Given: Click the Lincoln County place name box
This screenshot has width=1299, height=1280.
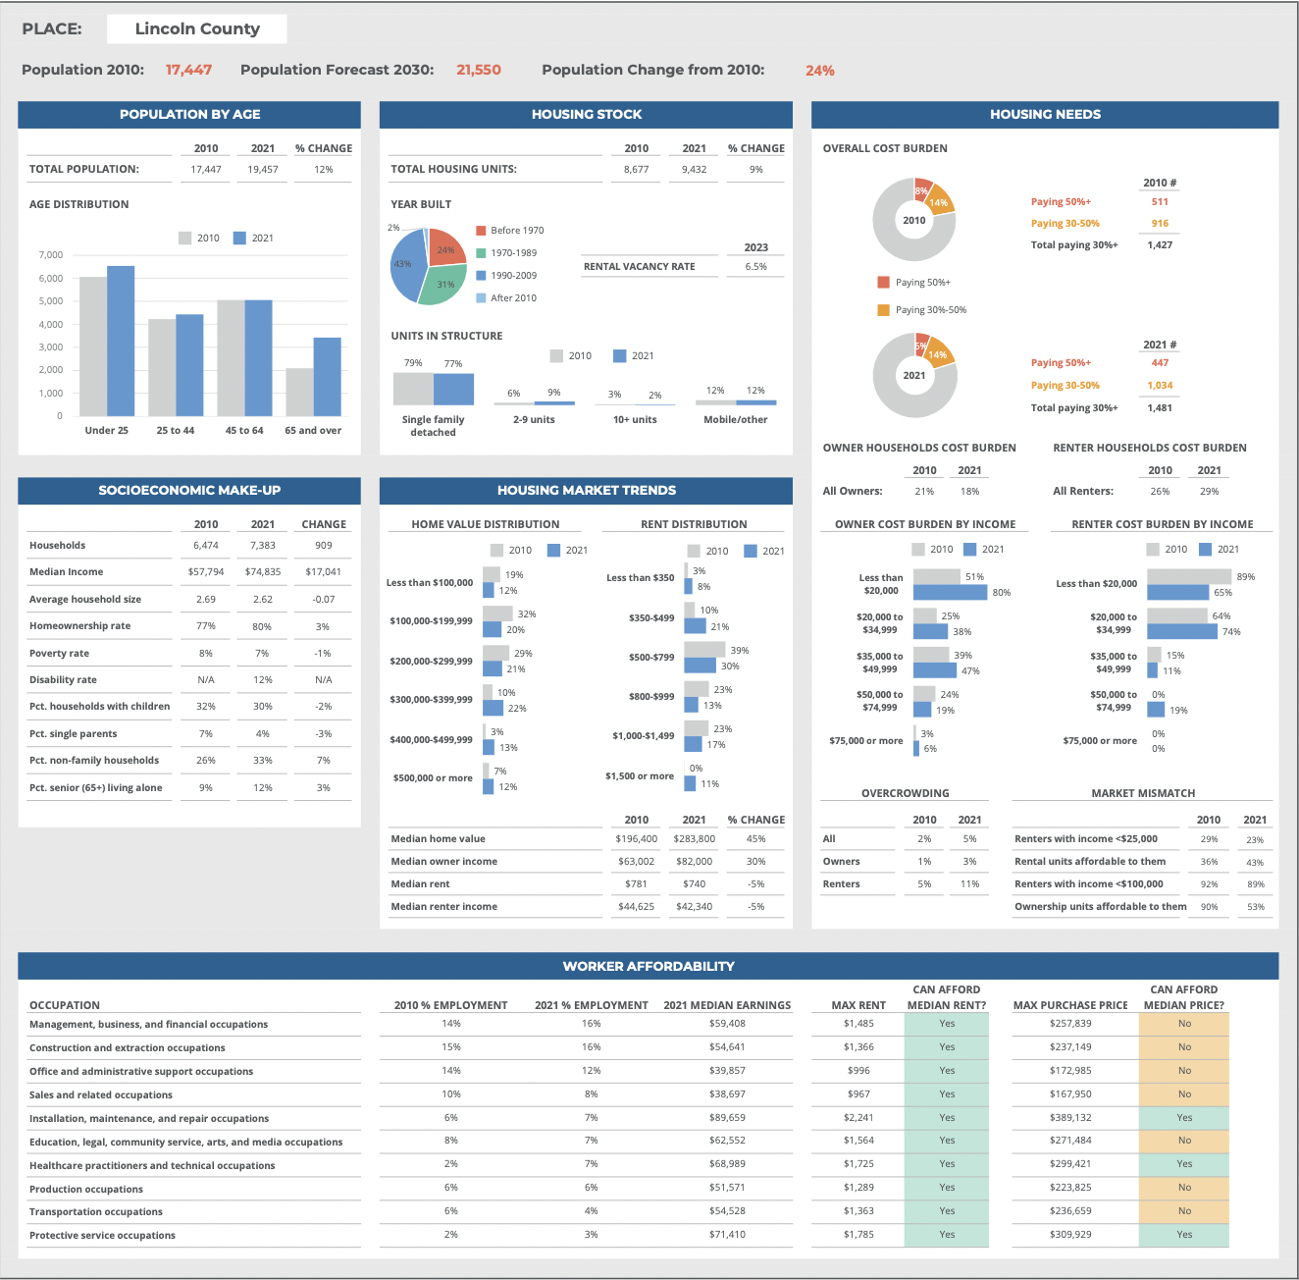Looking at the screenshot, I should tap(196, 28).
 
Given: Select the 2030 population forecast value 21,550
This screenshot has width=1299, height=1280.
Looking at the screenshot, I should tap(479, 70).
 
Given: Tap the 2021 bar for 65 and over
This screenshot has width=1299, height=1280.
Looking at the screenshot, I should tap(328, 377).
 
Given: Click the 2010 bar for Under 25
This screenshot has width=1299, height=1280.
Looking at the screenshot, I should tap(93, 347).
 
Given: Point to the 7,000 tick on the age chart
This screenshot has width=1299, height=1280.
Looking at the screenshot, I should tap(51, 255).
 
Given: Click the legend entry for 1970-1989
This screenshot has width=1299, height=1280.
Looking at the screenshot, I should tap(513, 253).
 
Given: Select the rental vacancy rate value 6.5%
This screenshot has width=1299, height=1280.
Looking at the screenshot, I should tap(755, 266).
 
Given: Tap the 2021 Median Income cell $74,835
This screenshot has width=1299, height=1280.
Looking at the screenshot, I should tap(263, 571).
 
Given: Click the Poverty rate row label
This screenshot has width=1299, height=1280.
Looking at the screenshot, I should tap(59, 653).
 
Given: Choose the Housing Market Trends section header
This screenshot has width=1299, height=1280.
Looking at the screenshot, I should tap(586, 490).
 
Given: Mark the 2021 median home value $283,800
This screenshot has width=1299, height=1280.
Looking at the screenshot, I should tap(694, 839).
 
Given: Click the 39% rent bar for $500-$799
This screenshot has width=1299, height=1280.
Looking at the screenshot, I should tap(704, 650).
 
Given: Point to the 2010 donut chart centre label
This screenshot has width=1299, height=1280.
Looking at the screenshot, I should tap(914, 220).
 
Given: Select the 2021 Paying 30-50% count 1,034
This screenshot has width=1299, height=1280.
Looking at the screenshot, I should tap(1160, 386).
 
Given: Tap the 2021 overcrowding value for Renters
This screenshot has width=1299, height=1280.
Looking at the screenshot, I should tap(969, 884).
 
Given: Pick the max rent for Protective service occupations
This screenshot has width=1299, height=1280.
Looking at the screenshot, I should tap(858, 1235).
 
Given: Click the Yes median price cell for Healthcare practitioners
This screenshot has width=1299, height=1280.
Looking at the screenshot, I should tap(1184, 1164).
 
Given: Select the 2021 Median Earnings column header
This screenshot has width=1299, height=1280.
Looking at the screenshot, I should tap(727, 1005).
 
